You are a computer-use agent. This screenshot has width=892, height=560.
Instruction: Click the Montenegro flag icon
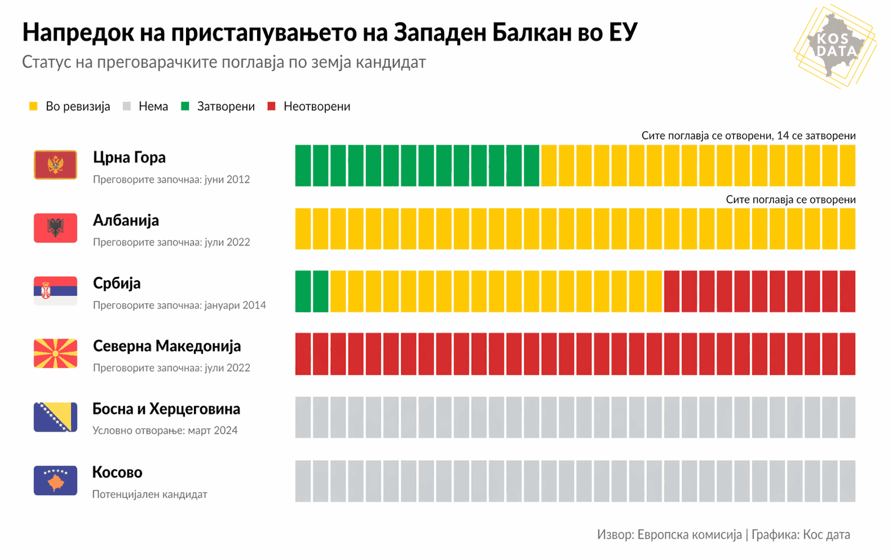point(55,165)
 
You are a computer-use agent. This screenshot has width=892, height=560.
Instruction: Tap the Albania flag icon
point(55,228)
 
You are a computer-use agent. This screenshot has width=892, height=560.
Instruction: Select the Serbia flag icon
point(55,291)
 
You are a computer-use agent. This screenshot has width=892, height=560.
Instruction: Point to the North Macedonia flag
point(55,354)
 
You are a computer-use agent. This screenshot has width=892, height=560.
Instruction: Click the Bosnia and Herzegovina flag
point(55,417)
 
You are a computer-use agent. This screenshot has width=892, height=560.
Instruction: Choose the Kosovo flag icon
point(55,481)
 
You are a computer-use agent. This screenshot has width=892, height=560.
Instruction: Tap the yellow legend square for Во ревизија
point(33,106)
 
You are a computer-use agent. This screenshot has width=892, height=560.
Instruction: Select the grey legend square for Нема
point(127,106)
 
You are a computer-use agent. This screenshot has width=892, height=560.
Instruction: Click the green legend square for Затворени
point(185,106)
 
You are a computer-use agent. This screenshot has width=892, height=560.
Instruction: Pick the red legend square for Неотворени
point(271,106)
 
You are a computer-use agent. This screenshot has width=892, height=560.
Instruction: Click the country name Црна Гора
point(129,158)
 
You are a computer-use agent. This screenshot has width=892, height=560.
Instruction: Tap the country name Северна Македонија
point(166,346)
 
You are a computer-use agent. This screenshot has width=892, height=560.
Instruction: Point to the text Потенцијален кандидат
point(149,494)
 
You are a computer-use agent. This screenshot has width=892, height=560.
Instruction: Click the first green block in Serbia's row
point(303,291)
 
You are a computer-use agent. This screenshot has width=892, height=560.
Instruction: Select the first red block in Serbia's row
point(672,291)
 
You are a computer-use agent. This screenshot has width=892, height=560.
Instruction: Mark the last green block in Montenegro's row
point(532,166)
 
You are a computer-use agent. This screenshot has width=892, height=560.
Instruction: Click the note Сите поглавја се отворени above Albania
point(791,199)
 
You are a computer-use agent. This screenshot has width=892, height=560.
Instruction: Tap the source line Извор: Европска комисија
point(669,535)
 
